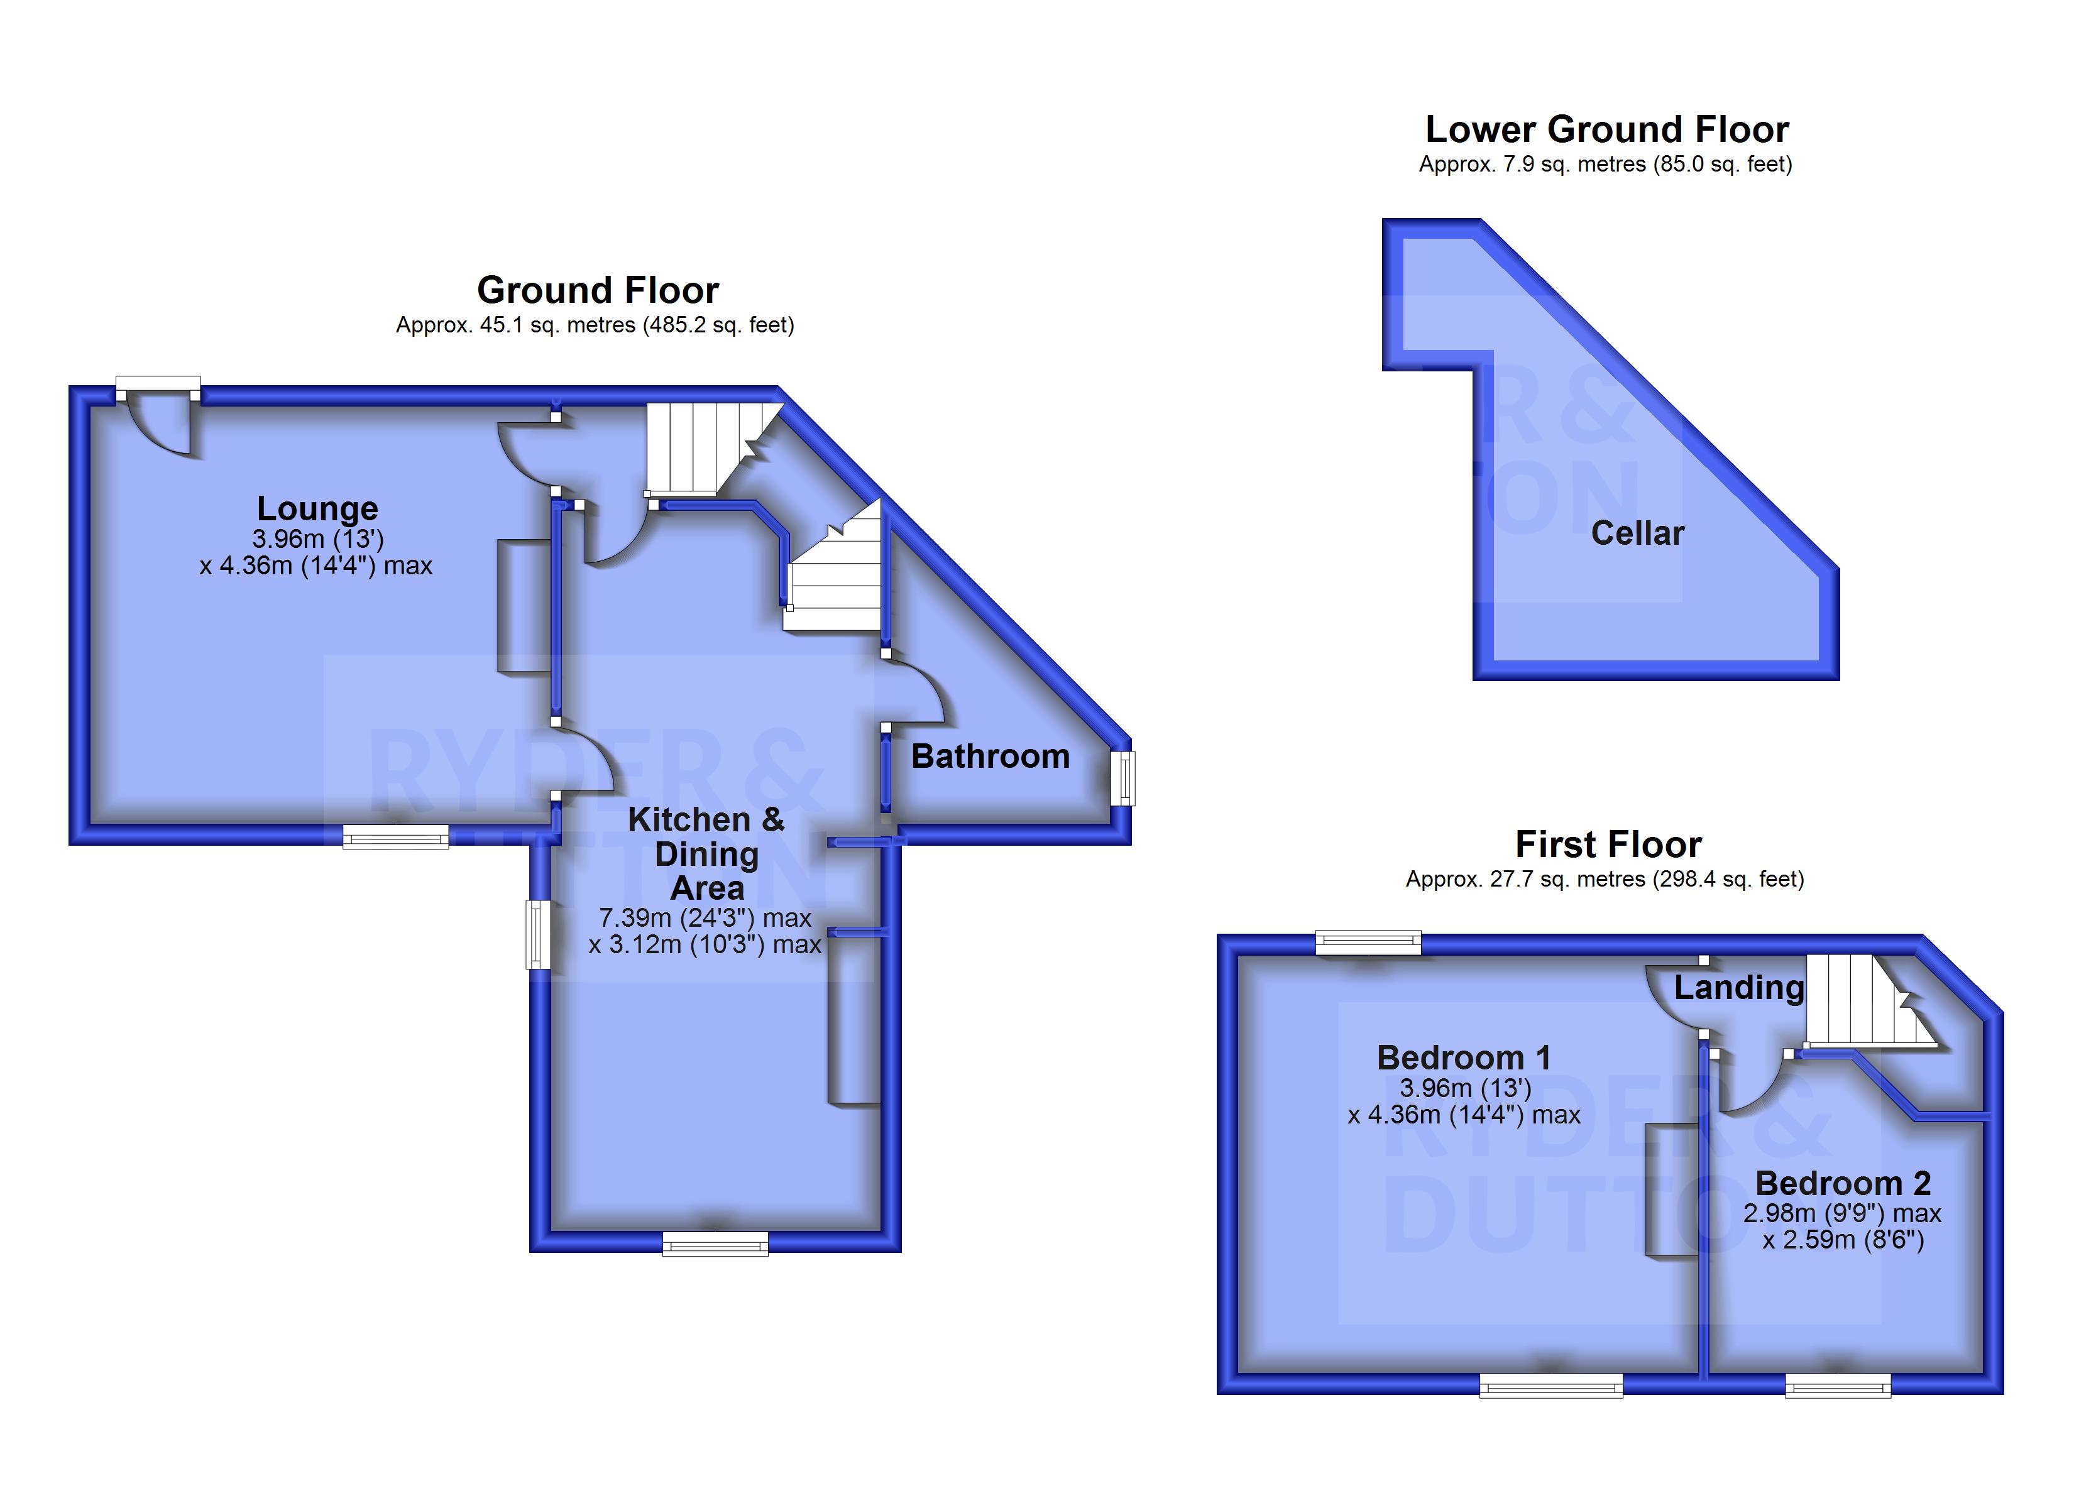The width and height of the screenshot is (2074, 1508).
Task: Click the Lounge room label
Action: [x=317, y=508]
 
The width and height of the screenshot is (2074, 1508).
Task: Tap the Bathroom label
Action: [x=990, y=757]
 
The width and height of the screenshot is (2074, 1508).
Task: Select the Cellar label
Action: [x=1637, y=533]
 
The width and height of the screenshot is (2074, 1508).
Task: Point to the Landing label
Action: [x=1738, y=988]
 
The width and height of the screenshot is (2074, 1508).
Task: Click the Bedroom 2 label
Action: [x=1843, y=1183]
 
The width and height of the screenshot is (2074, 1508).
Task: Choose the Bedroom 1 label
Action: [x=1464, y=1058]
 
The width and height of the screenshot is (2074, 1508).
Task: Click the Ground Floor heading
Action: [x=598, y=290]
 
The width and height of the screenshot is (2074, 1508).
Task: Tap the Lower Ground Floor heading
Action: [x=1606, y=129]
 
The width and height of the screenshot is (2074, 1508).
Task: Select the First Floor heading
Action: [x=1608, y=844]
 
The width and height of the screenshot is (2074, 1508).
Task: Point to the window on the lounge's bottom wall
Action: [x=395, y=836]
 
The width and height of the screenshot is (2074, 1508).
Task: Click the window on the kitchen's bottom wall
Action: [x=715, y=1243]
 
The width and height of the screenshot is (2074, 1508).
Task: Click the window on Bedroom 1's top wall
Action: [x=1368, y=942]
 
